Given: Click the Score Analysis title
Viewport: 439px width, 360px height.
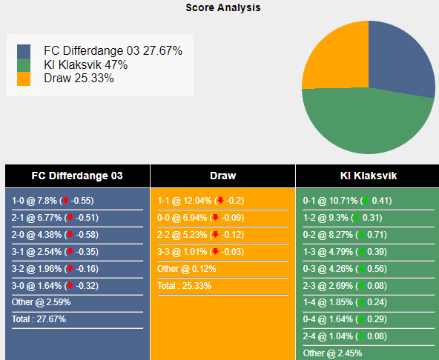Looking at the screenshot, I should point(222,7).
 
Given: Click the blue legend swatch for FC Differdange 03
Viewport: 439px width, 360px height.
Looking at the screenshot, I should point(24,51).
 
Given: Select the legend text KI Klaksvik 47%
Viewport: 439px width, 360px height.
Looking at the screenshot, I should point(85,64).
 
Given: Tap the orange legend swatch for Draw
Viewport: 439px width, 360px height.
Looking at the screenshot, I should point(24,78).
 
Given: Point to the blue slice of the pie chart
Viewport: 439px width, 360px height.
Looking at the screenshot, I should point(400,59).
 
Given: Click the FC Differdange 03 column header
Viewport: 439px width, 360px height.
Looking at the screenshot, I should point(77,176).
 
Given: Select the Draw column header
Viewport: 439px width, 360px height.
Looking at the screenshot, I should point(222,176).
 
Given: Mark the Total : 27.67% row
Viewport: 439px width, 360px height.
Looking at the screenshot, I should point(39,319).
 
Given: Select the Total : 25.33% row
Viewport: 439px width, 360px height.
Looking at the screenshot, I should point(185,285).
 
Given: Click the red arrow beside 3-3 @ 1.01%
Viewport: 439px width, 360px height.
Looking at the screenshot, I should point(220,252).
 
